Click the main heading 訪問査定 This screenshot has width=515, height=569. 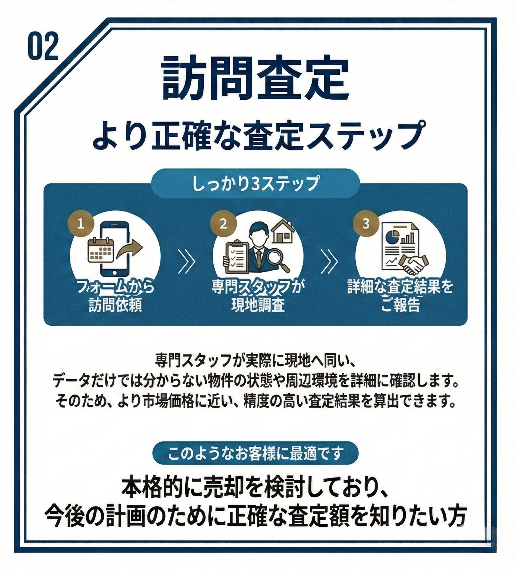[255, 79]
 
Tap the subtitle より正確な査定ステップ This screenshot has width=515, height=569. [257, 136]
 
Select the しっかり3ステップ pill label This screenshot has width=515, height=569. [255, 183]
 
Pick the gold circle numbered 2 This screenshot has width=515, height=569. [223, 224]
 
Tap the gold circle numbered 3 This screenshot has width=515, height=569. [366, 224]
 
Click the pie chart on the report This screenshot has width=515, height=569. [392, 236]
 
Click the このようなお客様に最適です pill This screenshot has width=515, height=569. [255, 453]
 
